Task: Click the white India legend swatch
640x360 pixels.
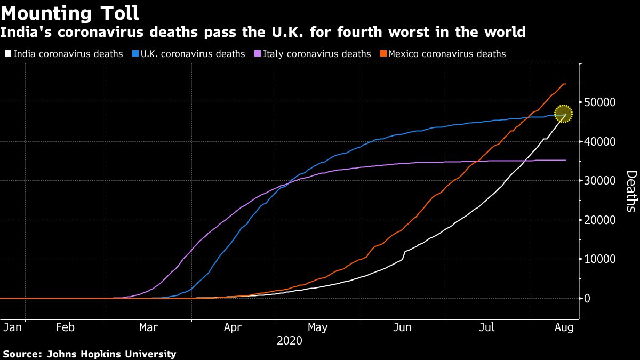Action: click(x=8, y=54)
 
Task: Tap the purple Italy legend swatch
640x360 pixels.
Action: click(x=258, y=54)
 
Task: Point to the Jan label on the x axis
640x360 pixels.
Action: click(x=12, y=327)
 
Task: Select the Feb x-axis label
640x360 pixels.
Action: click(x=65, y=327)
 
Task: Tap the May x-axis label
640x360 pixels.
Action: click(x=318, y=327)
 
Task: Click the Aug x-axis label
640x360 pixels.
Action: click(x=564, y=327)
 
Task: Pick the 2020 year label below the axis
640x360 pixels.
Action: click(x=290, y=340)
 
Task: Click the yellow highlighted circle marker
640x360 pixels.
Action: click(x=563, y=113)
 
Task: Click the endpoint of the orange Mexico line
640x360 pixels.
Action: click(x=565, y=84)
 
